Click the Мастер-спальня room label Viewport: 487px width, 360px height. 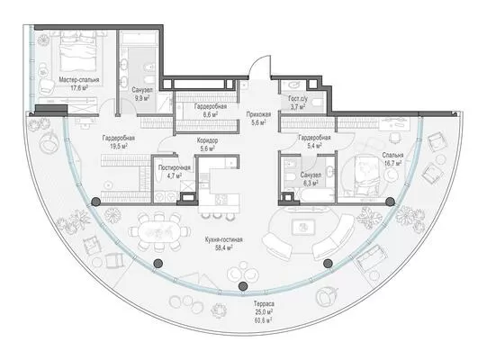pyautogui.click(x=79, y=80)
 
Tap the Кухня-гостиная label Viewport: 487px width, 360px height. pyautogui.click(x=223, y=239)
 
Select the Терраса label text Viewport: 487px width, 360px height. pyautogui.click(x=264, y=303)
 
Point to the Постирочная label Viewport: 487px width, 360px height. pyautogui.click(x=175, y=167)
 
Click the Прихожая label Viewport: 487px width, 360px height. pyautogui.click(x=258, y=114)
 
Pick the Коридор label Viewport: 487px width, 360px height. pyautogui.click(x=207, y=140)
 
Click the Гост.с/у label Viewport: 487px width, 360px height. pyautogui.click(x=298, y=99)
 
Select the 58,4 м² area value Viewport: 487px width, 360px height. pyautogui.click(x=223, y=247)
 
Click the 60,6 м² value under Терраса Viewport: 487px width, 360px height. pyautogui.click(x=264, y=319)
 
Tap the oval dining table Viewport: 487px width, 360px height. pyautogui.click(x=158, y=232)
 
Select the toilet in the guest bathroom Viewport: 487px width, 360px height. pyautogui.click(x=318, y=102)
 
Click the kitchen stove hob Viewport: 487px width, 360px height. pyautogui.click(x=221, y=199)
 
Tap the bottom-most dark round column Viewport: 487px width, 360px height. pyautogui.click(x=243, y=286)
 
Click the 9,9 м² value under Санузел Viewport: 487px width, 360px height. pyautogui.click(x=141, y=98)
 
